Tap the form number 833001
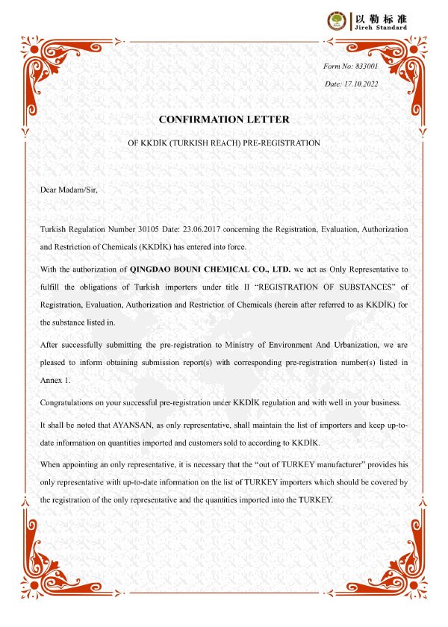click(365, 66)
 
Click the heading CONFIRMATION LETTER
click(224, 119)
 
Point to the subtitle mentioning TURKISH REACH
click(224, 142)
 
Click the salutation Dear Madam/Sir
click(69, 189)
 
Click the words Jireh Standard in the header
click(380, 28)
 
